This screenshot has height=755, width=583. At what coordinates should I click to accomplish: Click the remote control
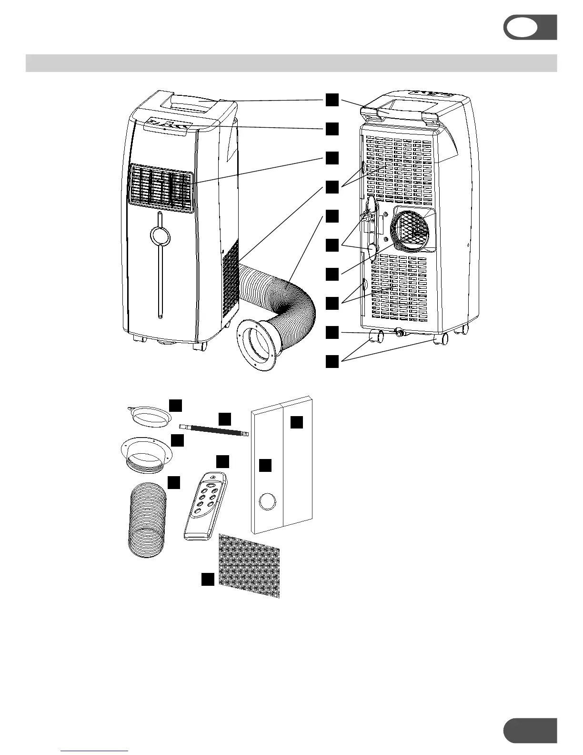pos(206,506)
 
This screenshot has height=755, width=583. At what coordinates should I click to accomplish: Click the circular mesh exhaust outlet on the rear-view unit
pos(412,229)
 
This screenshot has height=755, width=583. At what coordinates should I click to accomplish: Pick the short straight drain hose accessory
pos(214,430)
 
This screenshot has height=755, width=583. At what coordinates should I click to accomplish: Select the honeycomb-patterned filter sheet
pos(249,565)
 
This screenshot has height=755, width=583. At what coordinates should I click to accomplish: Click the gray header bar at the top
pos(291,63)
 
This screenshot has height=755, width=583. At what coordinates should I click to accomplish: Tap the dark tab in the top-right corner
pos(531,27)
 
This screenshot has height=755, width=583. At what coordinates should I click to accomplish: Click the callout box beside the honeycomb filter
pos(207,579)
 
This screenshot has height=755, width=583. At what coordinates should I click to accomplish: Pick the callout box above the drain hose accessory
pos(225,419)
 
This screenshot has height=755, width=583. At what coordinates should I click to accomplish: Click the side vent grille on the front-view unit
pos(231,281)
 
